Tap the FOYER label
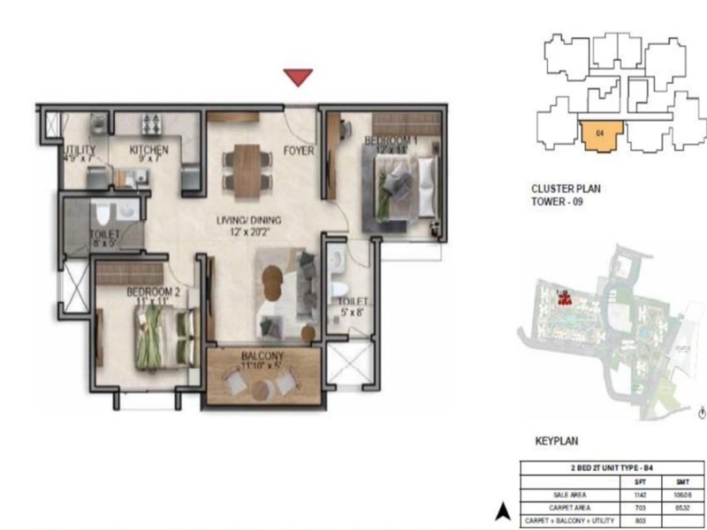(x=299, y=151)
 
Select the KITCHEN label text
(x=148, y=151)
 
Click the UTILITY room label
(x=79, y=151)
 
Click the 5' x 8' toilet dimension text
(x=347, y=310)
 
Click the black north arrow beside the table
(x=502, y=510)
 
